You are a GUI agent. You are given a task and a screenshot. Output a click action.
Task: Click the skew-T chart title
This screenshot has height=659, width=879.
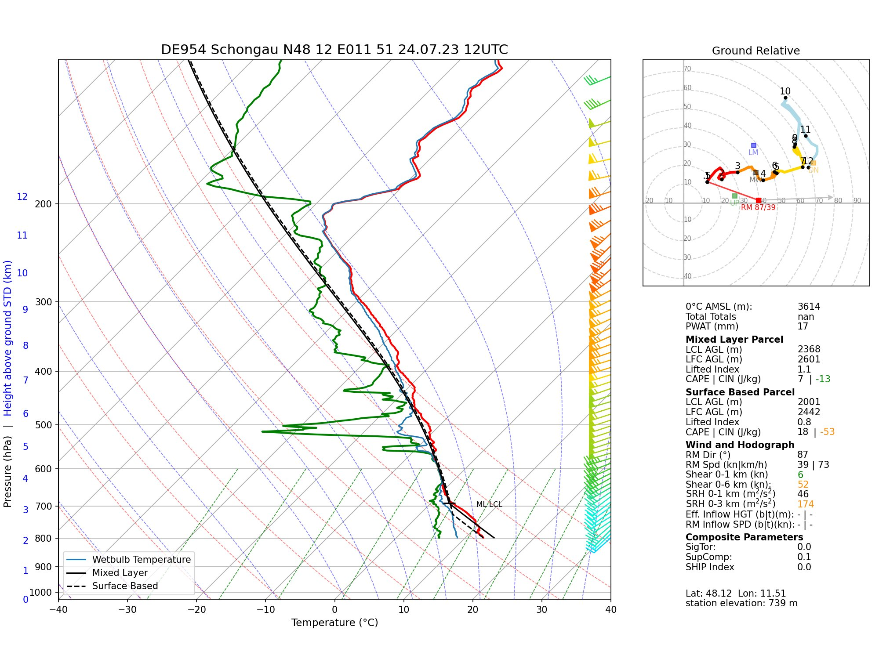[x=334, y=50]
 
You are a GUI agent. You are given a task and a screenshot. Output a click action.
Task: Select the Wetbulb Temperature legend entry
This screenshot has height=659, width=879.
[x=141, y=560]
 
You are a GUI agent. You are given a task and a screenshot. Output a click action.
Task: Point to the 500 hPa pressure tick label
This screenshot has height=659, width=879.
[x=43, y=425]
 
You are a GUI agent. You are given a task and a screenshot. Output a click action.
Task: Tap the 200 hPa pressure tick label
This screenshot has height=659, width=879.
[x=43, y=204]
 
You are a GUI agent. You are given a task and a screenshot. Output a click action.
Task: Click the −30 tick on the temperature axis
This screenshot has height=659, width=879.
[x=127, y=610]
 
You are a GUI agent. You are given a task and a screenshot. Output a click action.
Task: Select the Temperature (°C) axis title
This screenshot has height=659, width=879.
[x=334, y=623]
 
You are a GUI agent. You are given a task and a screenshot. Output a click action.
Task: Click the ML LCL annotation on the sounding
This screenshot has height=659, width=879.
[x=489, y=504]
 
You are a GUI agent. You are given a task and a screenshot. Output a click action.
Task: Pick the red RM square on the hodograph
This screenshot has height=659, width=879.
[x=759, y=200]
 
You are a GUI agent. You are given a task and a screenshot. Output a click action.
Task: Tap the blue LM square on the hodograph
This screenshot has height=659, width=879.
[x=754, y=145]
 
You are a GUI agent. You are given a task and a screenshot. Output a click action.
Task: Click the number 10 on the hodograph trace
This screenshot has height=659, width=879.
[x=785, y=91]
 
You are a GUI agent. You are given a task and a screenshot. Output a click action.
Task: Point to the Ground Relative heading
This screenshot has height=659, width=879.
[x=756, y=51]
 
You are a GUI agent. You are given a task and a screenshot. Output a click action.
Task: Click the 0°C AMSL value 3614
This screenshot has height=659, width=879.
[x=809, y=307]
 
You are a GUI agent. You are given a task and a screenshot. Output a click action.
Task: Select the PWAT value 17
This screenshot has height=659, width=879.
[x=803, y=326]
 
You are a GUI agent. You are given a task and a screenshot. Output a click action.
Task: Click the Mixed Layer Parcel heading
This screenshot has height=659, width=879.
[x=734, y=340]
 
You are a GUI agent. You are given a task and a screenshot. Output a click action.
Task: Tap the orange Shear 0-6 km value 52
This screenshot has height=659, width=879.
[x=803, y=485]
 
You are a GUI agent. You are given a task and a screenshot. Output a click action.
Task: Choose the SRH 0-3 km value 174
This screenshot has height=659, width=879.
[x=805, y=504]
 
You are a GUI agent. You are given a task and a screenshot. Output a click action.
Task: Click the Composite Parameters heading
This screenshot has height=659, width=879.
[x=744, y=537]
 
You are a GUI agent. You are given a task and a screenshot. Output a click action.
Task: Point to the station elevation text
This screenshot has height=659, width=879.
[x=741, y=603]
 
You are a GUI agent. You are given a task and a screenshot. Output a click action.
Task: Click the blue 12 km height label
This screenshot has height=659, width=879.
[x=22, y=197]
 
